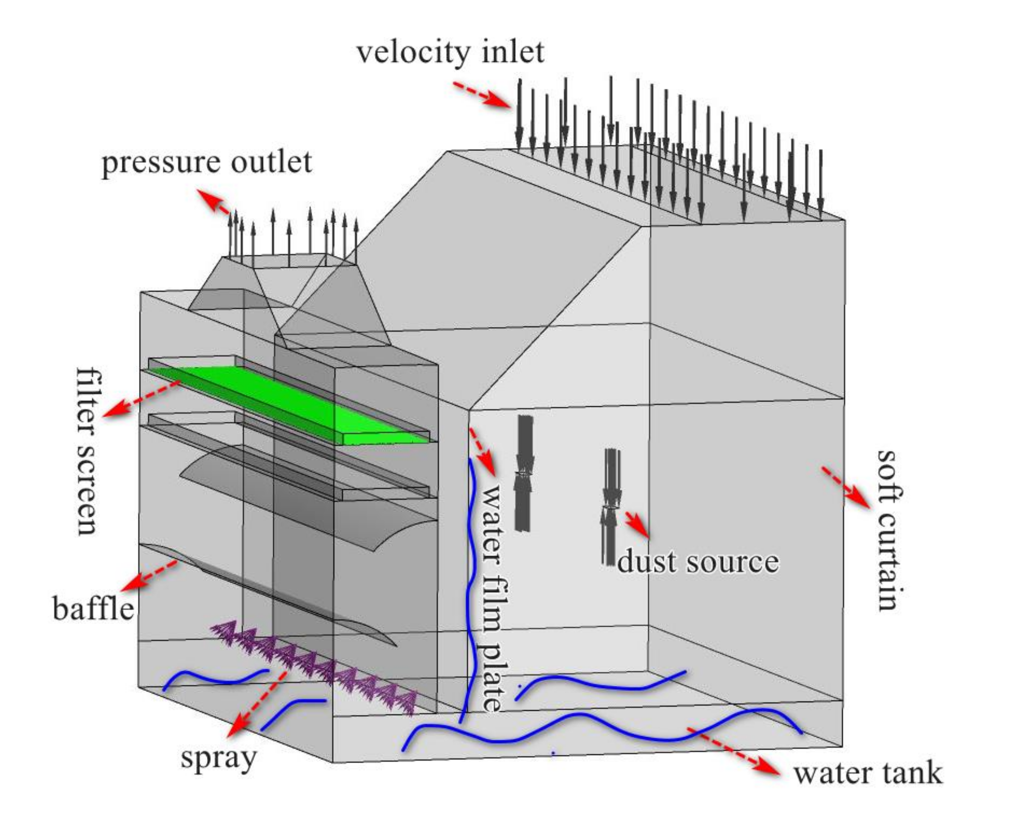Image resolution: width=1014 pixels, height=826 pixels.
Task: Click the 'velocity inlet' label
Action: coord(450,53)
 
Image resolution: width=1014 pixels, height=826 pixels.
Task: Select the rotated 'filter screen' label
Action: coord(87,451)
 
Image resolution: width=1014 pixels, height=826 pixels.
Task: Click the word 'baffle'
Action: coord(93,609)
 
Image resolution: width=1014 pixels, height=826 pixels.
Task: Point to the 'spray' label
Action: coord(218,758)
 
